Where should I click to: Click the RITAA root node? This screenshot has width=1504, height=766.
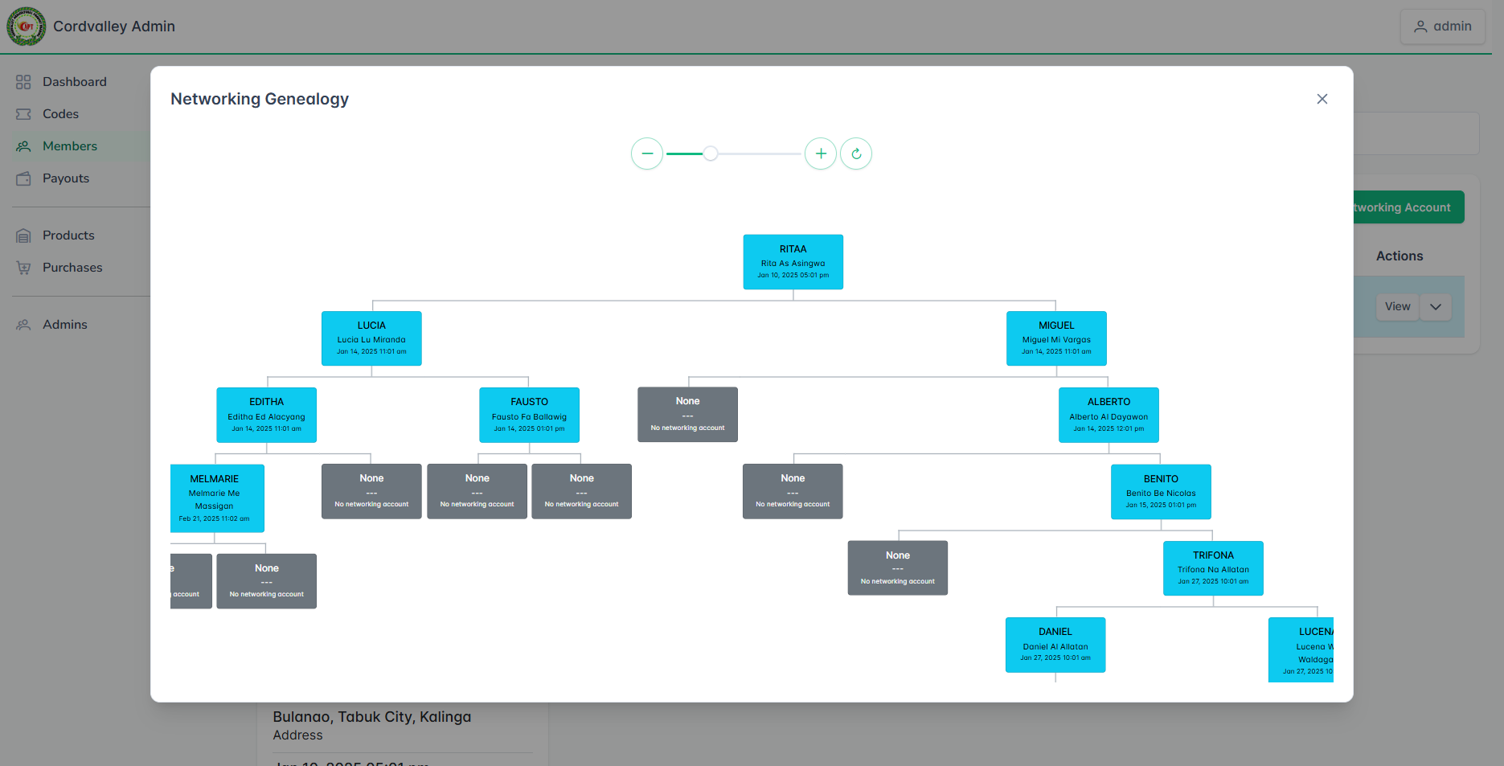pyautogui.click(x=793, y=262)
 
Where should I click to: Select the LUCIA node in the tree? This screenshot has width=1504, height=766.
pyautogui.click(x=371, y=338)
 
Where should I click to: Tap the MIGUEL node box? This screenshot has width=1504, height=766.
pyautogui.click(x=1056, y=338)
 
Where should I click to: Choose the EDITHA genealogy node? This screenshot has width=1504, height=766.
pyautogui.click(x=266, y=415)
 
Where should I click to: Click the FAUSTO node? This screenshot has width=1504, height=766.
pyautogui.click(x=529, y=415)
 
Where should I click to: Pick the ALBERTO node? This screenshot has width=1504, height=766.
pyautogui.click(x=1109, y=415)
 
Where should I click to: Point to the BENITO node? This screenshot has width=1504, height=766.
pyautogui.click(x=1161, y=492)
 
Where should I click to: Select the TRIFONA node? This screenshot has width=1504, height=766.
pyautogui.click(x=1213, y=568)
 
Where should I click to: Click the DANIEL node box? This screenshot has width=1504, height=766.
pyautogui.click(x=1055, y=645)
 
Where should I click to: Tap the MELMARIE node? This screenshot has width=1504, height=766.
pyautogui.click(x=215, y=498)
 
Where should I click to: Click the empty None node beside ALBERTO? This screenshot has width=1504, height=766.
pyautogui.click(x=687, y=415)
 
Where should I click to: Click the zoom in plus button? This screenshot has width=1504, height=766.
pyautogui.click(x=821, y=154)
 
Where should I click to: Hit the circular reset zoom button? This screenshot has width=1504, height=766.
pyautogui.click(x=856, y=154)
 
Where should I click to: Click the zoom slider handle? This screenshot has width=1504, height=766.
pyautogui.click(x=711, y=154)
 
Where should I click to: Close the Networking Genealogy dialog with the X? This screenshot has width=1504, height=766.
pyautogui.click(x=1322, y=99)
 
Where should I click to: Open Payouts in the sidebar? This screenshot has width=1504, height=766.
pyautogui.click(x=66, y=178)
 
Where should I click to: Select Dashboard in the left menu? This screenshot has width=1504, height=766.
pyautogui.click(x=74, y=82)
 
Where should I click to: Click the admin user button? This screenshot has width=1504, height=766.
pyautogui.click(x=1442, y=27)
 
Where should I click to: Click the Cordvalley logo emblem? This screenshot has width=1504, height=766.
pyautogui.click(x=27, y=27)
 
